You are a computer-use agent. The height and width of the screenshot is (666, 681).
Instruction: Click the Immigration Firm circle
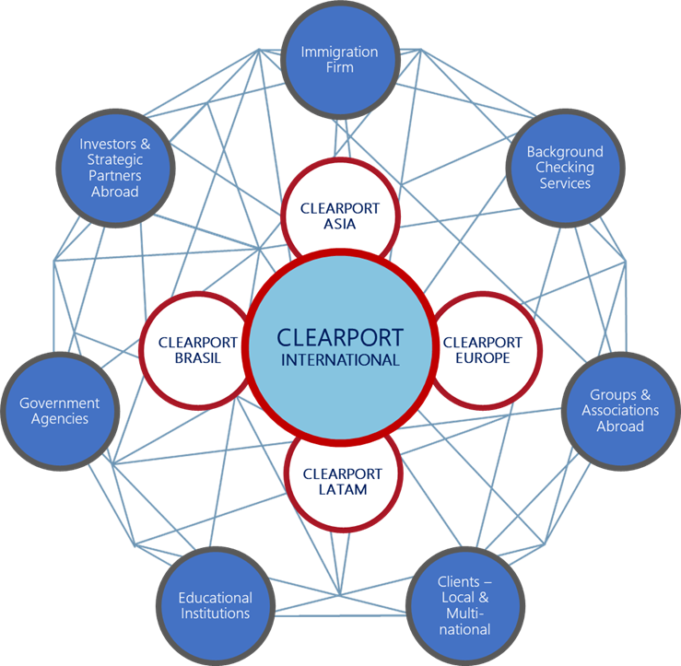pyautogui.click(x=340, y=61)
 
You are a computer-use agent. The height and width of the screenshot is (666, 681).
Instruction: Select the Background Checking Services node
pyautogui.click(x=564, y=168)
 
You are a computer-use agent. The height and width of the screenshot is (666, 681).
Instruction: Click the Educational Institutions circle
pyautogui.click(x=215, y=605)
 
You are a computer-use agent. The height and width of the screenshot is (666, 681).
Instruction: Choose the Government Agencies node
pyautogui.click(x=59, y=411)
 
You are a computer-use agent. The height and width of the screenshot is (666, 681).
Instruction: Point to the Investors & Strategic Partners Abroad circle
pyautogui.click(x=114, y=168)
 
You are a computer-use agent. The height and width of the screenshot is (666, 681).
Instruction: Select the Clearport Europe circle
pyautogui.click(x=479, y=350)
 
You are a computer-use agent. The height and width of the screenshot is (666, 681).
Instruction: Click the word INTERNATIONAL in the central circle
pyautogui.click(x=340, y=360)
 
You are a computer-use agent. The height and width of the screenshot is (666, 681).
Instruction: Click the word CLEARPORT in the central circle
pyautogui.click(x=340, y=336)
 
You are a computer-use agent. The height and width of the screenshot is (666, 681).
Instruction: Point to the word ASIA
pyautogui.click(x=340, y=224)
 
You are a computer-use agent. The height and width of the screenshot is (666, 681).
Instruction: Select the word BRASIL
pyautogui.click(x=197, y=358)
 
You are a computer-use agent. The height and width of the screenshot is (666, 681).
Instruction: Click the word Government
pyautogui.click(x=59, y=403)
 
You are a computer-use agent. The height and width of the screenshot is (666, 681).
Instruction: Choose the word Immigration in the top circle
pyautogui.click(x=340, y=52)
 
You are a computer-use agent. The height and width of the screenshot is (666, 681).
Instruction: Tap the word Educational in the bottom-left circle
pyautogui.click(x=215, y=597)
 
